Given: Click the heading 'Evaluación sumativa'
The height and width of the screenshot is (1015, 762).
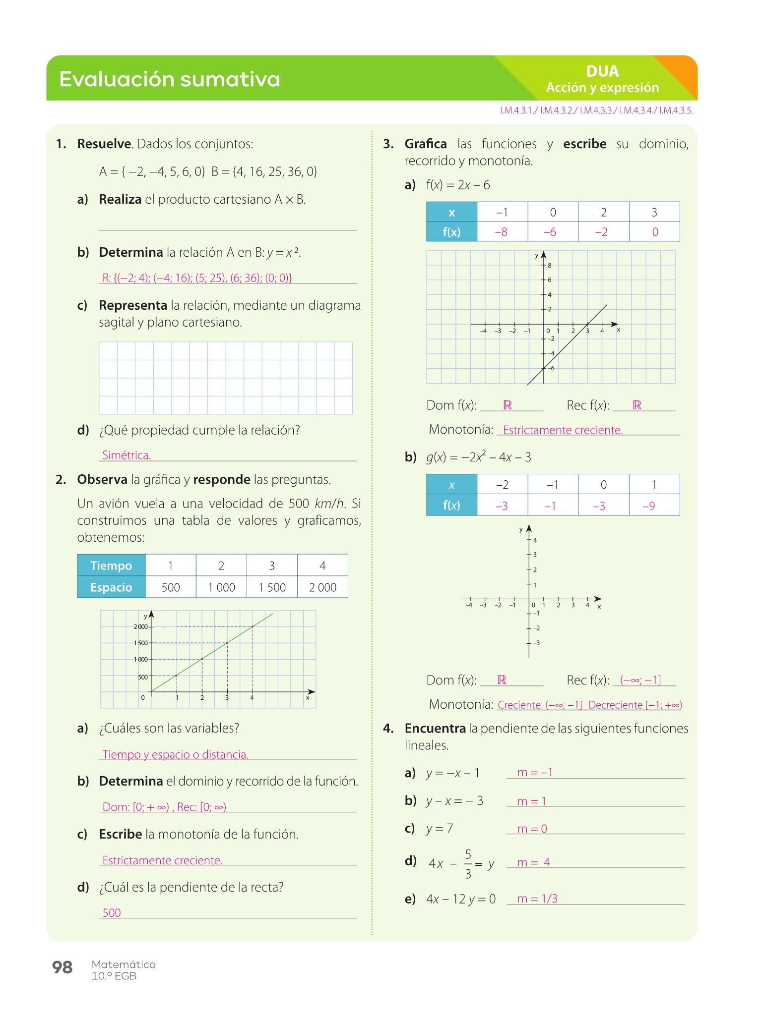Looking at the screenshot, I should pos(170,79).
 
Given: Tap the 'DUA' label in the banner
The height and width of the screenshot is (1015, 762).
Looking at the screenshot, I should pos(602,71).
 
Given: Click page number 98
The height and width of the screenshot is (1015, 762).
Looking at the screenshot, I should pos(63,967).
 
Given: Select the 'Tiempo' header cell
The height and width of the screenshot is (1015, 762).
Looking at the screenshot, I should pos(111,565).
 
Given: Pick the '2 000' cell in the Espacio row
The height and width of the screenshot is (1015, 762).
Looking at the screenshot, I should pos(322,587).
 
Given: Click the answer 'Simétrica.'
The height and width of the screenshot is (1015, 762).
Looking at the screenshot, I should pos(127,455).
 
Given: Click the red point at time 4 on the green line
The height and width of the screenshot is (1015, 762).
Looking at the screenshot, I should pos(253,626).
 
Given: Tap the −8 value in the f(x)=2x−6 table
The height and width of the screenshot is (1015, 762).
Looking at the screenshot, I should pos(502,232).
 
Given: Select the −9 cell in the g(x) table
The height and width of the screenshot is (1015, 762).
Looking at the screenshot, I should pos(649,506).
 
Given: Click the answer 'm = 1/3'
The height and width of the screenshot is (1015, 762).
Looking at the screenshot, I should pos(537,899).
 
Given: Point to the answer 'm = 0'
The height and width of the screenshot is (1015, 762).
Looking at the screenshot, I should pos(532,829).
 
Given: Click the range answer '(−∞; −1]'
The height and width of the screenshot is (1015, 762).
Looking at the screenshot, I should pos(640,680).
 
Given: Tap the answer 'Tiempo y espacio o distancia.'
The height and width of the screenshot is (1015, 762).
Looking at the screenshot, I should pos(175,754).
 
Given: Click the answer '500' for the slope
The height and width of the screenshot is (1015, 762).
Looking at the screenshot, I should pos(112,913).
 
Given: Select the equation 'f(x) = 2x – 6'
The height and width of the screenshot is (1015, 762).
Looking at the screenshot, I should pos(458,185).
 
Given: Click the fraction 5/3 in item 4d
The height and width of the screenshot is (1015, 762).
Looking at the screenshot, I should pos(468,864).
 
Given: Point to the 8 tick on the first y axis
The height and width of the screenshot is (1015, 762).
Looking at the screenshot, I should pos(549,266).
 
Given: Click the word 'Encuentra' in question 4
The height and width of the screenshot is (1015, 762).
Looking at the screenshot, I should pos(435,728).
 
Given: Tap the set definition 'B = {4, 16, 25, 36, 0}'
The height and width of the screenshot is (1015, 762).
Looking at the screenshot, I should pos(264,171).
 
